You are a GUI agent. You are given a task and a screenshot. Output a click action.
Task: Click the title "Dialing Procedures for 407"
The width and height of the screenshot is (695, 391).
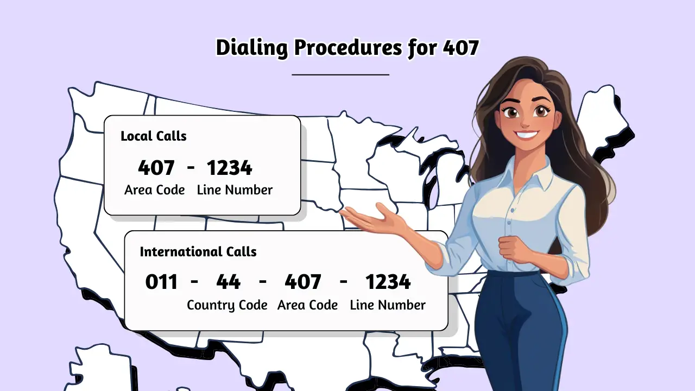pyautogui.click(x=347, y=48)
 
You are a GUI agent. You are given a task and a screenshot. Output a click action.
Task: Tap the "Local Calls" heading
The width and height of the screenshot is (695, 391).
pyautogui.click(x=153, y=136)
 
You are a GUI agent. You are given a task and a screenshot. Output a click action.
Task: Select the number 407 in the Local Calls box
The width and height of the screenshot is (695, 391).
pyautogui.click(x=156, y=168)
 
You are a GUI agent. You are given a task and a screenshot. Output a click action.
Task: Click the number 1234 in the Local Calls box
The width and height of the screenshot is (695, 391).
pyautogui.click(x=229, y=168)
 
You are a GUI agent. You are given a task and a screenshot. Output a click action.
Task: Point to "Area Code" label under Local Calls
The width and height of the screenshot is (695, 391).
pyautogui.click(x=154, y=190)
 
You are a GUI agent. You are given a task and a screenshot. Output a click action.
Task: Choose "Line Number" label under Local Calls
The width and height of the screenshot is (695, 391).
pyautogui.click(x=235, y=190)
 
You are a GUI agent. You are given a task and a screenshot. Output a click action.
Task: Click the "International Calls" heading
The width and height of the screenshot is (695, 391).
pyautogui.click(x=198, y=252)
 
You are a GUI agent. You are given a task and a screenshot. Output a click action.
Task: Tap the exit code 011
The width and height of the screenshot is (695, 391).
pyautogui.click(x=161, y=282)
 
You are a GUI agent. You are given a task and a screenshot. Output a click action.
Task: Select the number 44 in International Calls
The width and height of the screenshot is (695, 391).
pyautogui.click(x=228, y=282)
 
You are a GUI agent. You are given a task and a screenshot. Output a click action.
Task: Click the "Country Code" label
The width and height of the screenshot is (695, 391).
pyautogui.click(x=227, y=305)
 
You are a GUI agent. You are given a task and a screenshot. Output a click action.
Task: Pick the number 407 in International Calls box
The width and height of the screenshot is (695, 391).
pyautogui.click(x=302, y=282)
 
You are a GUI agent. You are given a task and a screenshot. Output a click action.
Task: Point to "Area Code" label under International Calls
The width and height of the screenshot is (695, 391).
pyautogui.click(x=307, y=305)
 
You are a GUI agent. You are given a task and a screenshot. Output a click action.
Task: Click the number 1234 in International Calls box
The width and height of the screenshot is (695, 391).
pyautogui.click(x=388, y=282)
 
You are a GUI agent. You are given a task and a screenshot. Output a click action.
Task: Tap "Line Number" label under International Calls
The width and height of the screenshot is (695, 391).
pyautogui.click(x=388, y=305)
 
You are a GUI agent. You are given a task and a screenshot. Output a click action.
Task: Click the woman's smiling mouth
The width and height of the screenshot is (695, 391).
pyautogui.click(x=527, y=134)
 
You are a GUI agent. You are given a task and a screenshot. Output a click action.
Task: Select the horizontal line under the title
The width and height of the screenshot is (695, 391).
pyautogui.click(x=340, y=74)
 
